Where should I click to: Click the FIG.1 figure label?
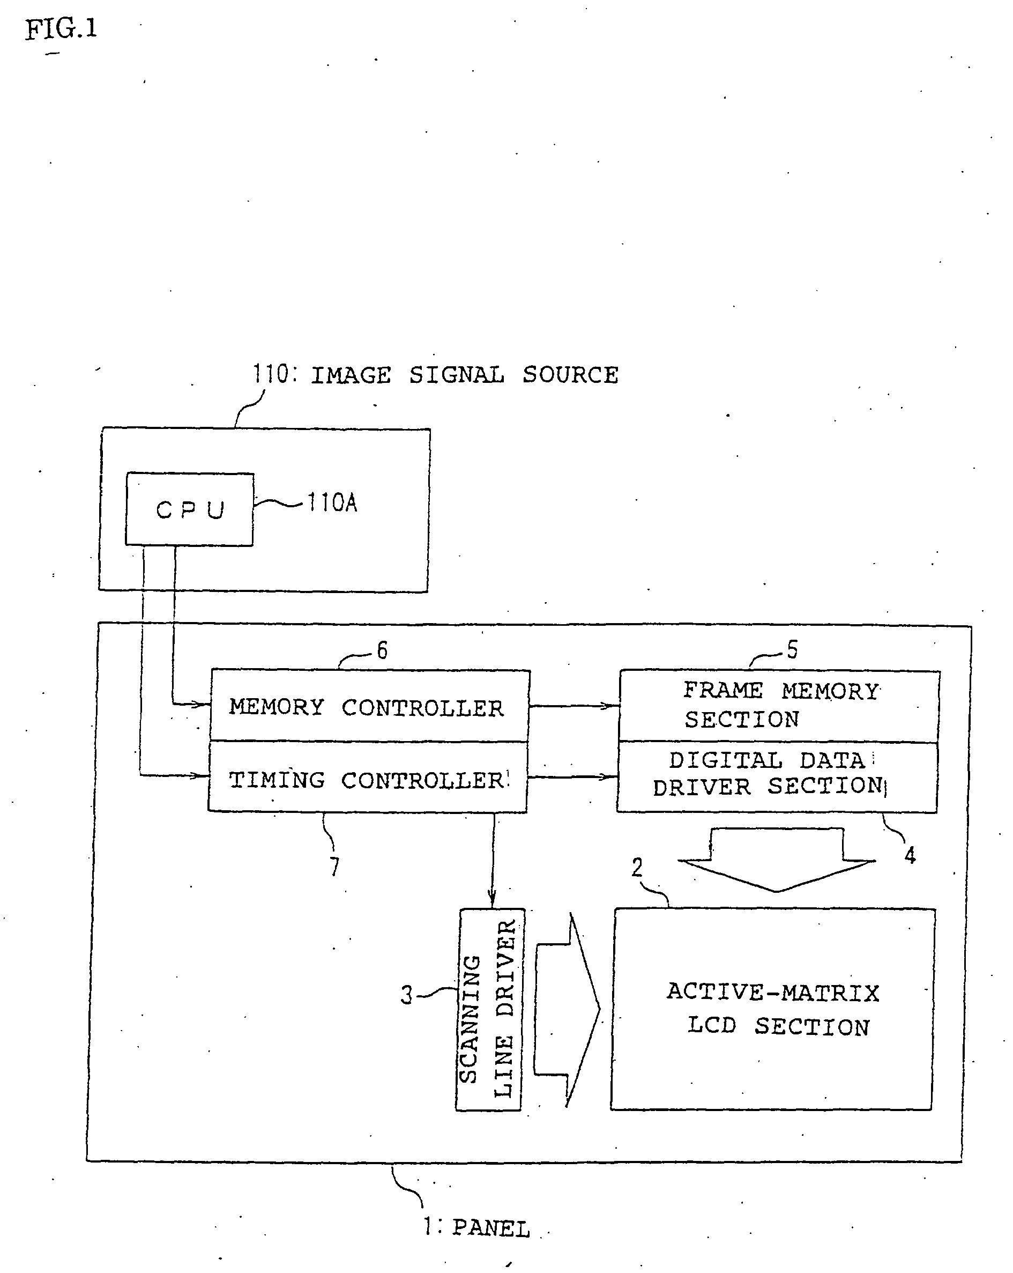tap(61, 29)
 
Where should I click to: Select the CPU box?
tap(190, 509)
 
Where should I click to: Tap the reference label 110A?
tap(332, 503)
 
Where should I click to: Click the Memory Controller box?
tap(369, 706)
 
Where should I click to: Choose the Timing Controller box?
tap(367, 778)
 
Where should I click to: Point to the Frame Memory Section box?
tap(779, 706)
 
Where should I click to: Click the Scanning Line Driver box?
tap(489, 1009)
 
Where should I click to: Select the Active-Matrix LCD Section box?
tap(772, 1009)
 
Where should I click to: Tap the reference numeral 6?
tap(383, 650)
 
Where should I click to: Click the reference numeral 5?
tap(792, 649)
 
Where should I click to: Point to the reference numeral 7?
tap(334, 867)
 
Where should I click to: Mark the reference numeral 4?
tap(910, 855)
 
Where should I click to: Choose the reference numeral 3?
tap(407, 995)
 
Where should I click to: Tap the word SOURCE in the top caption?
tap(570, 375)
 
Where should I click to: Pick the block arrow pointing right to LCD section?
tap(567, 1009)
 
